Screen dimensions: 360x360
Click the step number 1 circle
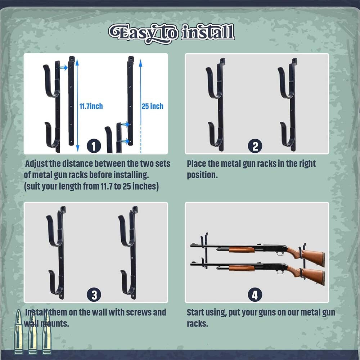94,146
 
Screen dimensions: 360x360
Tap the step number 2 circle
255,146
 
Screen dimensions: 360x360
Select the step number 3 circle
94,295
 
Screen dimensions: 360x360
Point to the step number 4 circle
255,295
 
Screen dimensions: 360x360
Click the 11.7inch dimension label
91,106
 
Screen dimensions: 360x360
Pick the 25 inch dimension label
152,106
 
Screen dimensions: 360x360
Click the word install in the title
208,33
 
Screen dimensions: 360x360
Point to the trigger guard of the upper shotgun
280,253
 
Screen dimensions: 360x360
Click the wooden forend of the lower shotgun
242,268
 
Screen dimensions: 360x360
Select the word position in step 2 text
202,175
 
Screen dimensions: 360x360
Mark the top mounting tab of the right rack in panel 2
294,61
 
